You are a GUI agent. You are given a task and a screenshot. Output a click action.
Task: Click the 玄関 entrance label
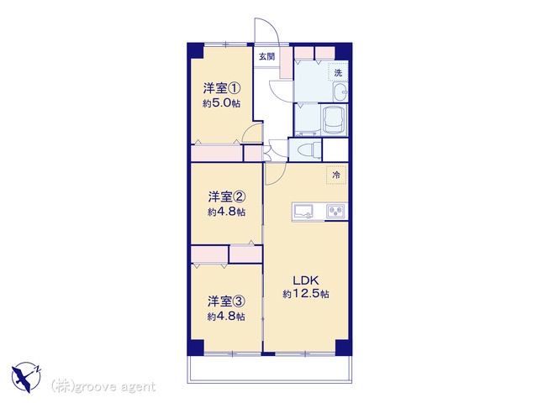pyautogui.click(x=266, y=56)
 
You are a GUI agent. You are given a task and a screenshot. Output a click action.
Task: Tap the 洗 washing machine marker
pyautogui.click(x=338, y=73)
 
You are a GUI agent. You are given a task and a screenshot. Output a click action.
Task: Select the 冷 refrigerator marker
pyautogui.click(x=336, y=175)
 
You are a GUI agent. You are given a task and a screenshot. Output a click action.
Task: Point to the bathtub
pyautogui.click(x=334, y=120)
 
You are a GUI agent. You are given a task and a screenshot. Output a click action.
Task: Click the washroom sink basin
pyautogui.click(x=340, y=92)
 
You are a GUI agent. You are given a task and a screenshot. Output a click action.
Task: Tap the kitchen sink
pyautogui.click(x=303, y=211)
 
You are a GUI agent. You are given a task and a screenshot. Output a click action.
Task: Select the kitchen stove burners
pyautogui.click(x=335, y=211)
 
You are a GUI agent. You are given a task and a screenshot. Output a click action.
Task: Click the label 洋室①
pyautogui.click(x=222, y=89)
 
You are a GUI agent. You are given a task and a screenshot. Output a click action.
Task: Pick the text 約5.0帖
pyautogui.click(x=222, y=103)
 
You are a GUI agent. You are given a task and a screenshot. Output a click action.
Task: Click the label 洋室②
pyautogui.click(x=226, y=197)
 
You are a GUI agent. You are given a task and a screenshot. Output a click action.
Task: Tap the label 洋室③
pyautogui.click(x=226, y=302)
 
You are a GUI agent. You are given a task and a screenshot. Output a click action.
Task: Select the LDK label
pyautogui.click(x=306, y=280)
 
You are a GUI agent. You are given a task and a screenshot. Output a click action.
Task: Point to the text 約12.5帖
pyautogui.click(x=306, y=294)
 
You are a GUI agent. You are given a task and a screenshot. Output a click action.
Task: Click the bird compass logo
pyautogui.click(x=26, y=377)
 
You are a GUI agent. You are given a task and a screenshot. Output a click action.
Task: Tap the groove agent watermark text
pyautogui.click(x=103, y=387)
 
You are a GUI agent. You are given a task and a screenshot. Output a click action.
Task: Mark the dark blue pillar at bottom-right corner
pyautogui.click(x=343, y=348)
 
